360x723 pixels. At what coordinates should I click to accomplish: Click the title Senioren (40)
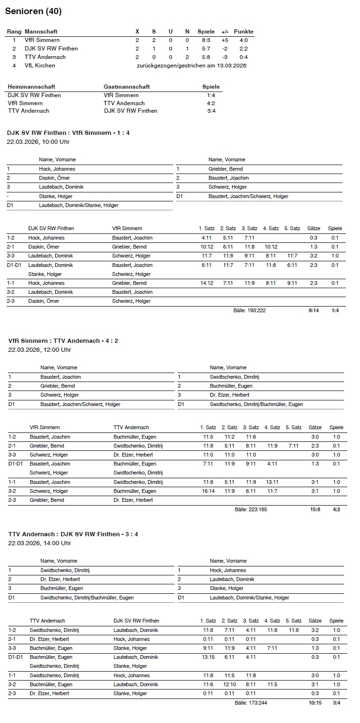point(33,11)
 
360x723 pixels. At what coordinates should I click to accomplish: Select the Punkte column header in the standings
point(243,32)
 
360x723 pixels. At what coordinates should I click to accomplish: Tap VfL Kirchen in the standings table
point(40,66)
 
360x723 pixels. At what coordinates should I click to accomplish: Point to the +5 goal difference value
point(225,40)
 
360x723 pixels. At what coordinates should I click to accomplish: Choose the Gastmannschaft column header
point(126,87)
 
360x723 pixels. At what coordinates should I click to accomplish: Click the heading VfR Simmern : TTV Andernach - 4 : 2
point(66,341)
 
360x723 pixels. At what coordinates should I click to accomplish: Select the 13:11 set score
point(272,482)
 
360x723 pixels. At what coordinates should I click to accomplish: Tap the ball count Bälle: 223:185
point(251,509)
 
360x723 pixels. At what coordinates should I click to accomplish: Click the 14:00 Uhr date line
point(40,543)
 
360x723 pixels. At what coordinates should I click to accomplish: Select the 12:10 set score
point(230,684)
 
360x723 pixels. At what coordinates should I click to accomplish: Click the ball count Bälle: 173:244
point(251,703)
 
